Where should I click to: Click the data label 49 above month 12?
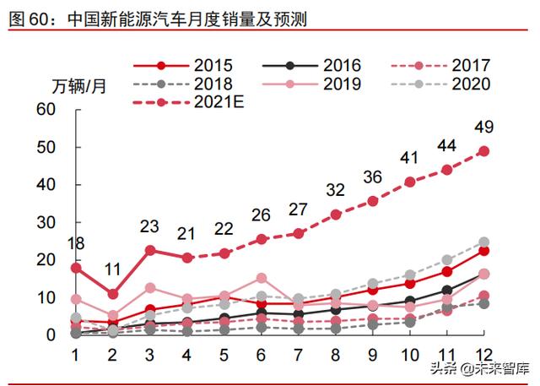[483, 128]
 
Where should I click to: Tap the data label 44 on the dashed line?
[447, 145]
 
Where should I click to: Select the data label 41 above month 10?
[410, 157]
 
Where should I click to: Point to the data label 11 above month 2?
[113, 270]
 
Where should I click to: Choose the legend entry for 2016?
[313, 65]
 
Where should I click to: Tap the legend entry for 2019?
[313, 84]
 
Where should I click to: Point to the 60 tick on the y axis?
[46, 110]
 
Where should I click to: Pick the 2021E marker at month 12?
[484, 151]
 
